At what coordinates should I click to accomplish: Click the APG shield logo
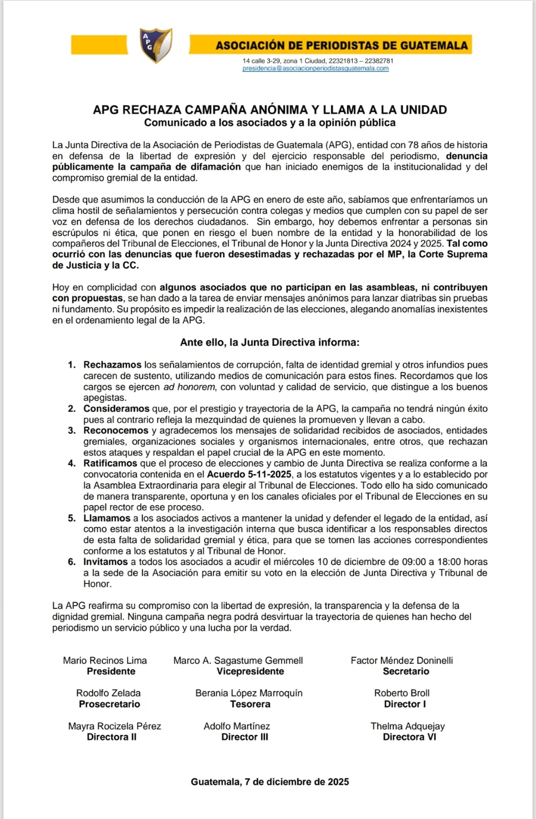pos(156,45)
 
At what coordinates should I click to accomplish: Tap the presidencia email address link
pos(315,69)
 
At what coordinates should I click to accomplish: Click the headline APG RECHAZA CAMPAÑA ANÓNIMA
pos(270,110)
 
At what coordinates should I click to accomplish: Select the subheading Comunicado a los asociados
pos(270,123)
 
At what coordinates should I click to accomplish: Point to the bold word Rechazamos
pos(112,365)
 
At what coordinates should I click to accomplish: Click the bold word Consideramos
pos(116,408)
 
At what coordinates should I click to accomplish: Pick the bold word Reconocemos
pos(116,430)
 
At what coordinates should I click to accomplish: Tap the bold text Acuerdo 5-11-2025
pos(249,475)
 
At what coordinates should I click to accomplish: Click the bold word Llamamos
pos(107,518)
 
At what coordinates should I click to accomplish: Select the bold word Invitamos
pos(105,562)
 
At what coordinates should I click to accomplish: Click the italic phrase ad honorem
pos(189,387)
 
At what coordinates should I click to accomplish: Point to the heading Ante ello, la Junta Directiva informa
pos(270,342)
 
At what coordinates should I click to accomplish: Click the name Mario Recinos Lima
pos(105,660)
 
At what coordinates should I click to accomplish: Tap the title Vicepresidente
pos(250,672)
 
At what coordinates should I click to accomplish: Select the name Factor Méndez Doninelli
pos(402,660)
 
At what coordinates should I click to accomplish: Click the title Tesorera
pos(250,704)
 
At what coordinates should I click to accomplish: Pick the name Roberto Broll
pos(402,693)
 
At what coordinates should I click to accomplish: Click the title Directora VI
pos(410,737)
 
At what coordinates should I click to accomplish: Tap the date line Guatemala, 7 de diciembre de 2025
pos(270,782)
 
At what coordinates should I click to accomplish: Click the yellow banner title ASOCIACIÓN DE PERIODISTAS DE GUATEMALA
pos(341,46)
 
